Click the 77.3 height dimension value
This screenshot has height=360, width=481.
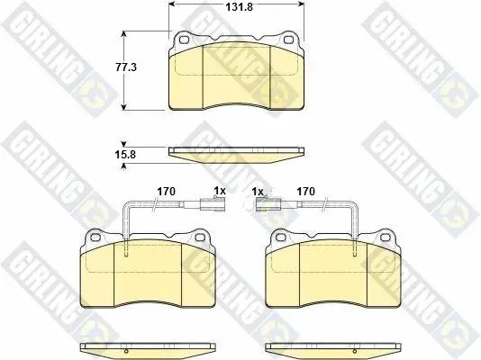pyautogui.click(x=126, y=67)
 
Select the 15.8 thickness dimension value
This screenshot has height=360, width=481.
pyautogui.click(x=125, y=155)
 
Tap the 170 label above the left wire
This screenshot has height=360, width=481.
pyautogui.click(x=167, y=192)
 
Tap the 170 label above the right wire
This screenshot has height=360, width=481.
pyautogui.click(x=306, y=192)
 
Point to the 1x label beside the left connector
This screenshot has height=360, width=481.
pyautogui.click(x=220, y=191)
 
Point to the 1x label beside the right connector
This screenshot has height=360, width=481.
pyautogui.click(x=258, y=192)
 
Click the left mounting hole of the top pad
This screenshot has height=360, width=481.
pyautogui.click(x=184, y=40)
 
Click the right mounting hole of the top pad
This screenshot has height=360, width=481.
pyautogui.click(x=288, y=40)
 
